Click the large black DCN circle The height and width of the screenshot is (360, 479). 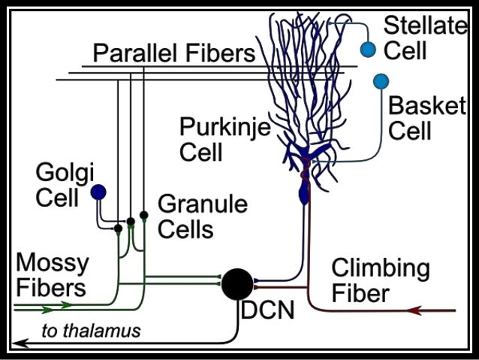point(238,284)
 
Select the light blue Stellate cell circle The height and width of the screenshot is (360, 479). point(367,50)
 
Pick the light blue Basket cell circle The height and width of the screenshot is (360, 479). point(381,80)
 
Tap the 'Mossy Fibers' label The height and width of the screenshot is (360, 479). point(52,275)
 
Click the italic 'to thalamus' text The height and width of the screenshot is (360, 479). point(91,330)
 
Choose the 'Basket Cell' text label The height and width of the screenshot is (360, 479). point(426,117)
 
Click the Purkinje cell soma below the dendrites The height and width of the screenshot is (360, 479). point(304,194)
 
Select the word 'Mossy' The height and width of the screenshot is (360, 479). point(52,263)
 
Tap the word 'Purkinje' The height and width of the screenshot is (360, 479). point(224,127)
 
